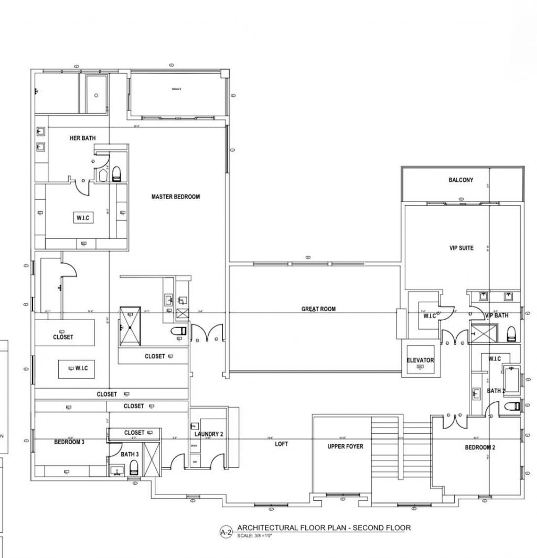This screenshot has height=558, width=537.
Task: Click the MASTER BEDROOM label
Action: [176, 197]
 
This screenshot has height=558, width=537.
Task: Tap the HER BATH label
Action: [82, 138]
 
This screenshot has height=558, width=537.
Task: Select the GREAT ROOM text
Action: [318, 309]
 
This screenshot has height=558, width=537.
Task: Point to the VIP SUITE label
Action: [461, 248]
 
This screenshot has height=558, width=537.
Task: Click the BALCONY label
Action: [460, 180]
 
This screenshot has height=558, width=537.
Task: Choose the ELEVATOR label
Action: [420, 360]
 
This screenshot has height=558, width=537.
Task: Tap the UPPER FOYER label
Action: [345, 446]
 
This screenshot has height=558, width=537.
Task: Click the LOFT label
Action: [282, 444]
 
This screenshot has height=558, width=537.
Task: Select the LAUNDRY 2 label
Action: [209, 434]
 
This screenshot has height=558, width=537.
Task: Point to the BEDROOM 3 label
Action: [69, 442]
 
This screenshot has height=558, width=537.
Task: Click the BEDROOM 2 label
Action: [480, 447]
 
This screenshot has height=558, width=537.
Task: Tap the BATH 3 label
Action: [130, 454]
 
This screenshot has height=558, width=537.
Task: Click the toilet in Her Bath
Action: [116, 173]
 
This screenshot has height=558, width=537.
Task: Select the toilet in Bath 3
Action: [134, 468]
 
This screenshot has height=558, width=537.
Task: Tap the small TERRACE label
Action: [176, 89]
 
